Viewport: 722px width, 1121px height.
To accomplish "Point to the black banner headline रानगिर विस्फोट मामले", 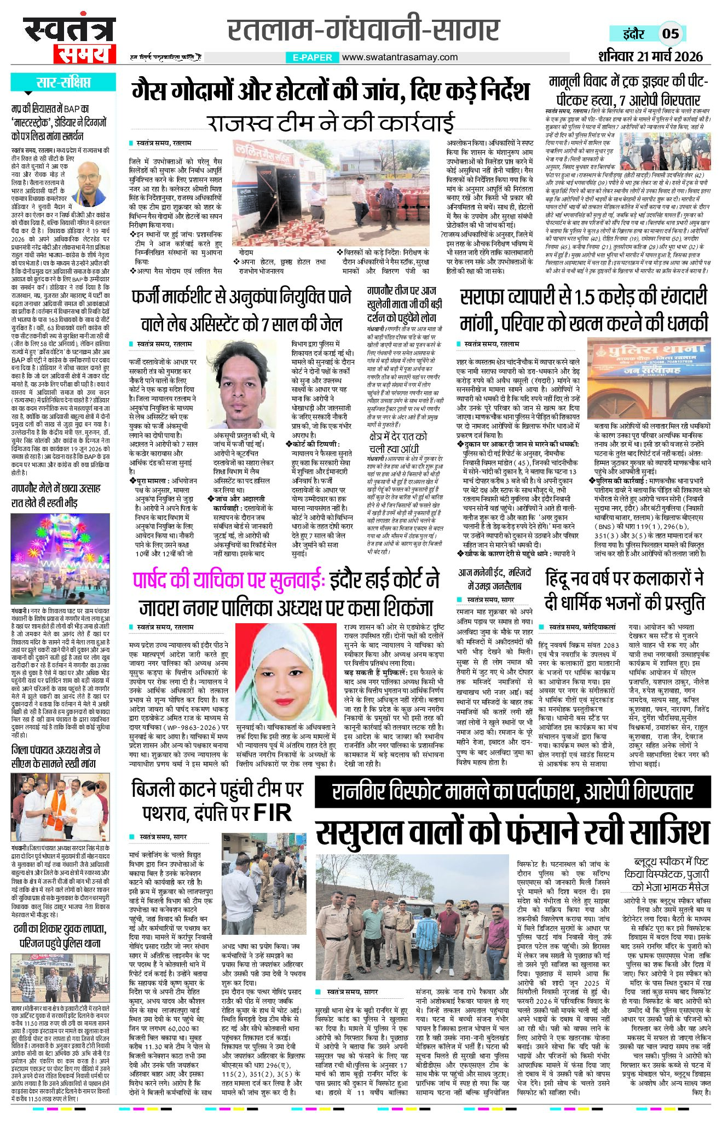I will click(512, 792).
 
